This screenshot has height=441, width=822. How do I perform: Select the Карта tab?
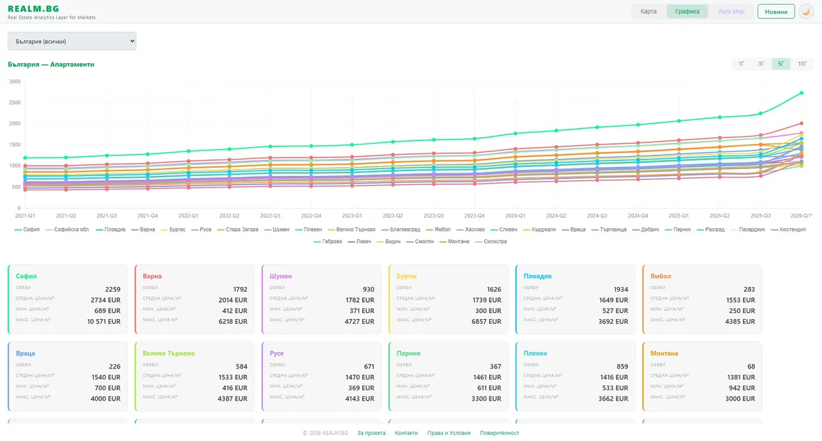click(648, 12)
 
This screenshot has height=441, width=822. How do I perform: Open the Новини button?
click(776, 12)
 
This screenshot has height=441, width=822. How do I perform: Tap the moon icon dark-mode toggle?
click(806, 12)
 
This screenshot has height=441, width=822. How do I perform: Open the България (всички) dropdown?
click(72, 42)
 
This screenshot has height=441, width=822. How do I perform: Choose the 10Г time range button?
click(802, 64)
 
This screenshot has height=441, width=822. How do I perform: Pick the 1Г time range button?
click(741, 64)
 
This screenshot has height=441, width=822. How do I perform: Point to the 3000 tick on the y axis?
click(14, 81)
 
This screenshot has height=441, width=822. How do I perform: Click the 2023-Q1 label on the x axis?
click(352, 215)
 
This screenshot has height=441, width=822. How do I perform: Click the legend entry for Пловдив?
click(111, 229)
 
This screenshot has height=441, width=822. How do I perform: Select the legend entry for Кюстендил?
click(789, 229)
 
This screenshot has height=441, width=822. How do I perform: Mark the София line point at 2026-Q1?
click(801, 93)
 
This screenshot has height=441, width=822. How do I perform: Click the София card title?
click(27, 276)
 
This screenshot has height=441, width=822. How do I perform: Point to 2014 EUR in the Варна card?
click(231, 300)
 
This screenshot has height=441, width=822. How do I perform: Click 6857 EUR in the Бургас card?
click(484, 321)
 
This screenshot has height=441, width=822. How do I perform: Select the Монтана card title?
click(664, 353)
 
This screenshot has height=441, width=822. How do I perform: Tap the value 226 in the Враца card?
click(114, 366)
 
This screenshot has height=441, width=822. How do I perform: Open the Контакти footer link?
click(406, 433)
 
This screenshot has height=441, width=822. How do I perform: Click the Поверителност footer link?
click(499, 433)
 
